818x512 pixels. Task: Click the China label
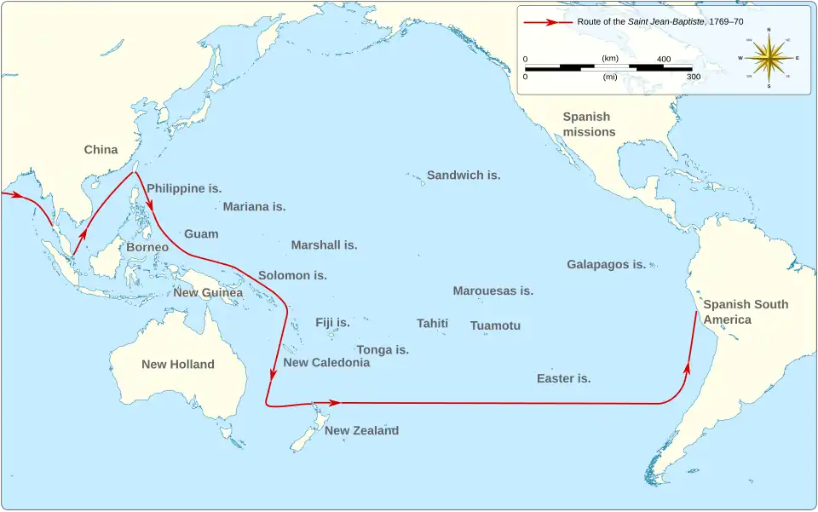101,150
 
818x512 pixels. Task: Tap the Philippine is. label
184,188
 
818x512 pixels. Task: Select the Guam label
201,234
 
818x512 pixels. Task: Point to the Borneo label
147,247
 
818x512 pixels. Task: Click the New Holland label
178,365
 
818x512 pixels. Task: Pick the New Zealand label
361,431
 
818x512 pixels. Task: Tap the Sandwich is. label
464,175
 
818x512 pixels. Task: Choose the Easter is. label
563,378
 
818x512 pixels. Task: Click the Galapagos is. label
606,265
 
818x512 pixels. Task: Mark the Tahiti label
432,324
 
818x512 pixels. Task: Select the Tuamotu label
495,326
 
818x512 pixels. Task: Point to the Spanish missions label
589,124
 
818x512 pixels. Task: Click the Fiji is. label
332,323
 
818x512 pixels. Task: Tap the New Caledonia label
326,363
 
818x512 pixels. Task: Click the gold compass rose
769,58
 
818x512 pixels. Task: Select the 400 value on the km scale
664,59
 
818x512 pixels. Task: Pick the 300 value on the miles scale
694,77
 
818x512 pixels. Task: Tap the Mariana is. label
254,207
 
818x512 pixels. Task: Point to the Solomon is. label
292,276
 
